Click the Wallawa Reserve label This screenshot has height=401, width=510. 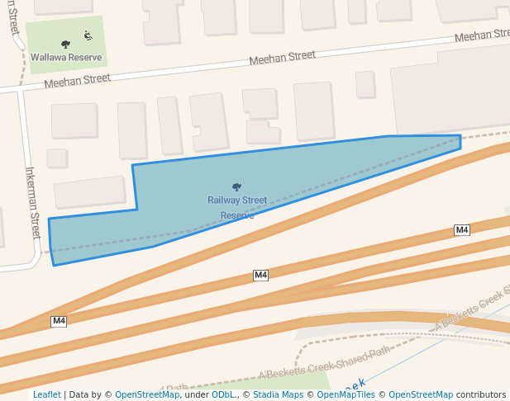[x=66, y=58]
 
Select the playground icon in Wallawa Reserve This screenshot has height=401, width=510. [x=88, y=35]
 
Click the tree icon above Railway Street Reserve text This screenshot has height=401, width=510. [x=237, y=187]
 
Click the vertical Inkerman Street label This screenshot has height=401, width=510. [x=34, y=202]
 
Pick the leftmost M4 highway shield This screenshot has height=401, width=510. [x=59, y=321]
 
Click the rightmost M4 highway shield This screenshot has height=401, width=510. [x=462, y=229]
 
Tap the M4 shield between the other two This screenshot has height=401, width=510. [x=260, y=275]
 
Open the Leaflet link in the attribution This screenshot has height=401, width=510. [x=46, y=394]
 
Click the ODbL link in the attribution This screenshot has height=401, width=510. [x=223, y=394]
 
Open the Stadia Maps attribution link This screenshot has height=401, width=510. [x=278, y=394]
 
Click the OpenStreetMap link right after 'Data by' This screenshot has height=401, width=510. [x=147, y=394]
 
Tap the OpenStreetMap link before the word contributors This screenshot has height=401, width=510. [x=420, y=394]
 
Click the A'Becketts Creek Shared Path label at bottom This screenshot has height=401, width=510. [x=323, y=363]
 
